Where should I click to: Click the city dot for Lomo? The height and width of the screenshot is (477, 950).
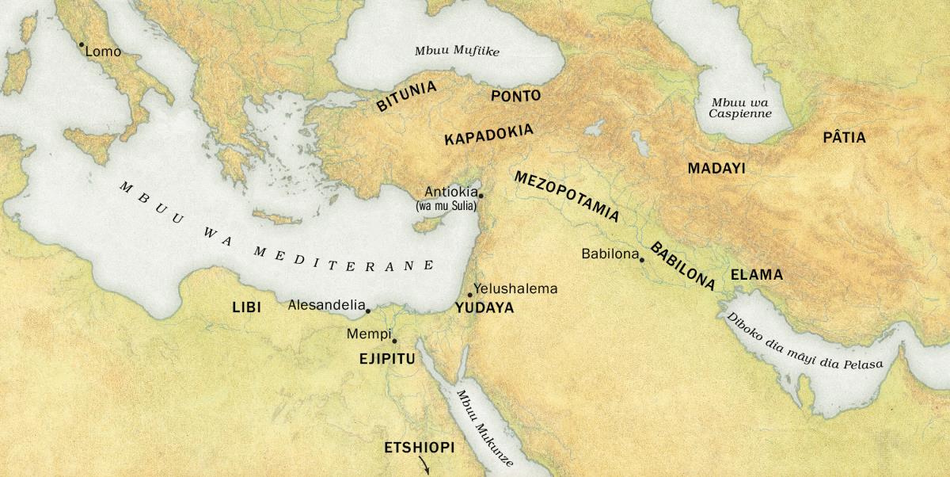click(81, 44)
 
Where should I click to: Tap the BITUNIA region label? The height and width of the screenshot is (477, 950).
click(406, 97)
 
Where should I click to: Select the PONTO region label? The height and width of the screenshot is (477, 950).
click(515, 96)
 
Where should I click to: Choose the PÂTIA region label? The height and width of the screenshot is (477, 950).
click(844, 138)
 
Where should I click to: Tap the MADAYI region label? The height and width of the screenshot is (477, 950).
click(716, 168)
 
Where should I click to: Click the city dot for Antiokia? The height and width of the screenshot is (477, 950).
click(481, 194)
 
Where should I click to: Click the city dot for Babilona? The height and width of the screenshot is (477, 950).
click(642, 259)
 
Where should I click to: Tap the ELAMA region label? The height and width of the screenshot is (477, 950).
click(756, 275)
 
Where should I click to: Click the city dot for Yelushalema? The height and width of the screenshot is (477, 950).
click(469, 295)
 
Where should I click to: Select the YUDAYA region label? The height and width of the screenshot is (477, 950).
click(484, 308)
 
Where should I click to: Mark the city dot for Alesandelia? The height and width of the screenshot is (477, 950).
click(368, 311)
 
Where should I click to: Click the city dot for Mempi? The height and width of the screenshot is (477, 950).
click(394, 341)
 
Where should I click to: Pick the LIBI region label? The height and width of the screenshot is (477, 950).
click(246, 307)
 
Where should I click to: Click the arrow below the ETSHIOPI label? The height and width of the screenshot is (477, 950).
click(425, 468)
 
